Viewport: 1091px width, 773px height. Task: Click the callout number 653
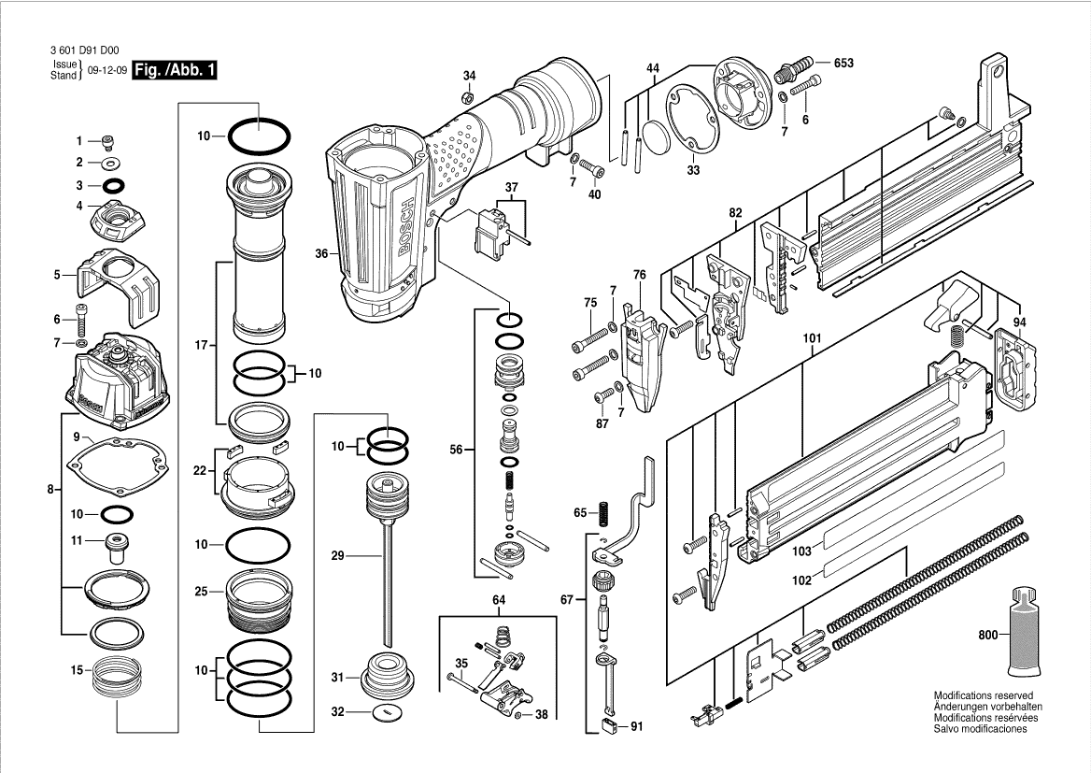point(843,63)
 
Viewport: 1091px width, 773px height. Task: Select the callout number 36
point(321,253)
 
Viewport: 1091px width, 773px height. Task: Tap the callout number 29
point(338,556)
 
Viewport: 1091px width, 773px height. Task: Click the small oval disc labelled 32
point(384,712)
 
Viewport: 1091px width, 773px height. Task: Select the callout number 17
point(200,346)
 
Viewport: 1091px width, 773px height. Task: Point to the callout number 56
point(457,450)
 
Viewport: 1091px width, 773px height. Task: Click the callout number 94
point(1019,322)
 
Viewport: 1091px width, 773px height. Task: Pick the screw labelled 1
point(108,142)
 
